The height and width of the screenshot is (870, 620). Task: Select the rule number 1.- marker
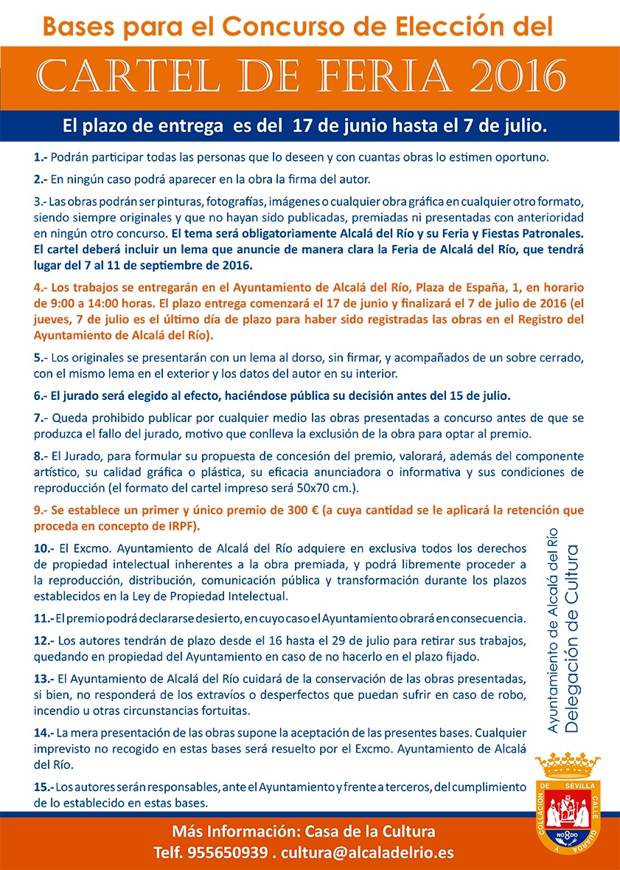tap(41, 157)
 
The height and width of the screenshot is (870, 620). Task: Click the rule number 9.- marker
tap(41, 510)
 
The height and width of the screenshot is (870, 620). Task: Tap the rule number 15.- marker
tap(44, 788)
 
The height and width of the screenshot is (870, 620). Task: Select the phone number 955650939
tap(227, 853)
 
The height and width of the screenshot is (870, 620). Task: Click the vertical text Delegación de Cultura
tap(573, 639)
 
